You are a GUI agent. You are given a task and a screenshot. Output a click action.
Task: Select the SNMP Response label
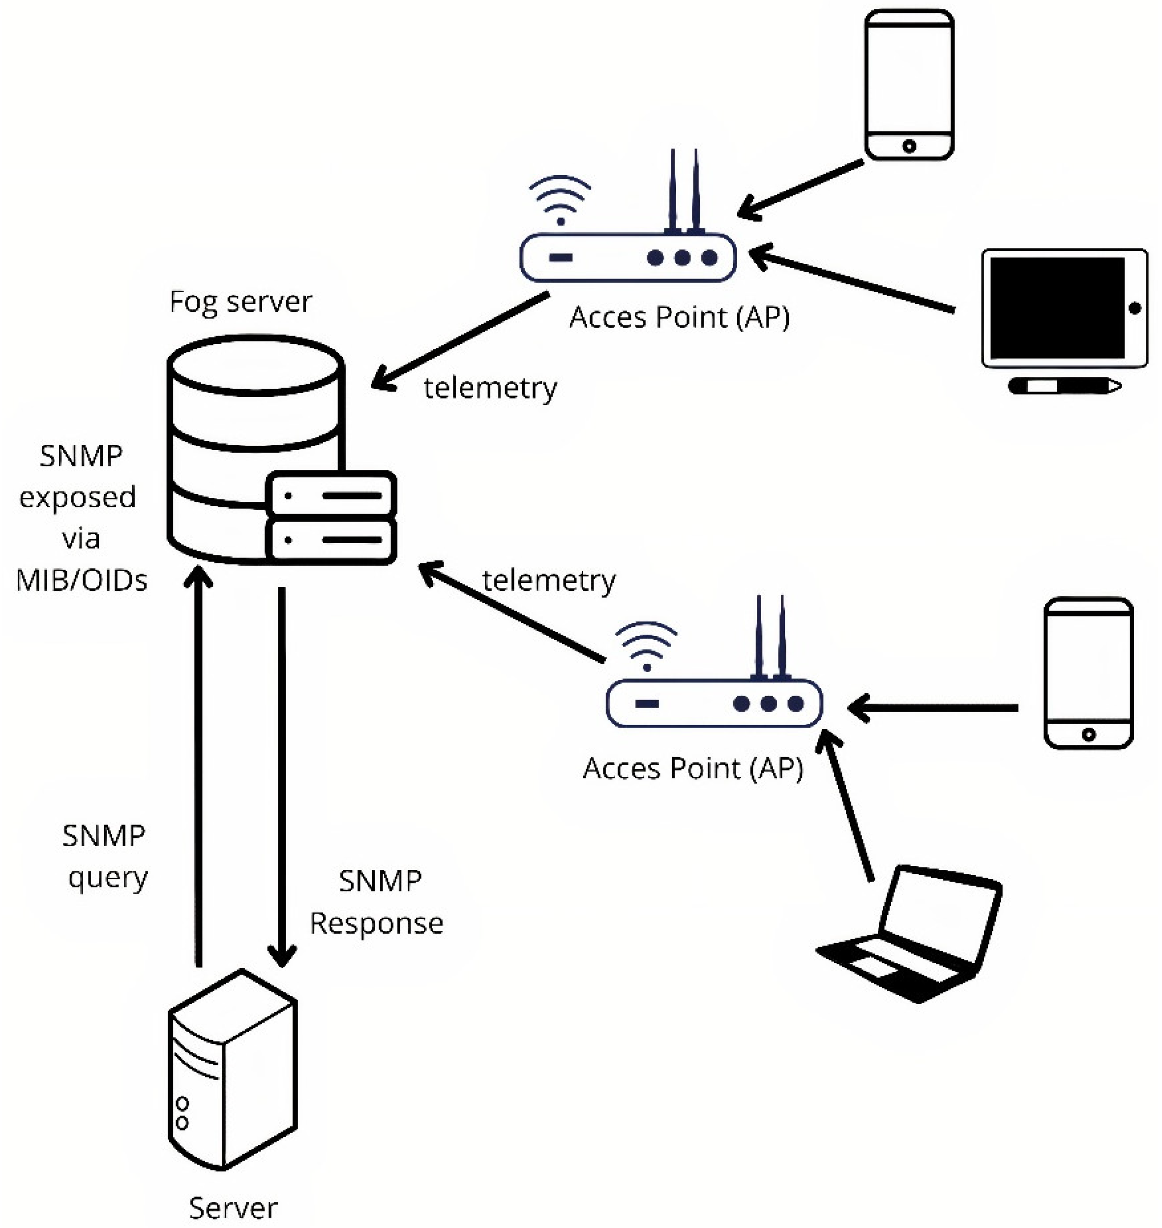pos(377,902)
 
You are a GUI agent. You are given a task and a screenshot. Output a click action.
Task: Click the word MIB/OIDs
pos(82,581)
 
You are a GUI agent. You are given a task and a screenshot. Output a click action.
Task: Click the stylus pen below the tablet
pos(1064,386)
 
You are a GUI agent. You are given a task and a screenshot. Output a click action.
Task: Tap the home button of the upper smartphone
pos(909,146)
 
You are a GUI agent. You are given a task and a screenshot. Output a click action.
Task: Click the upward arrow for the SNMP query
pos(199,762)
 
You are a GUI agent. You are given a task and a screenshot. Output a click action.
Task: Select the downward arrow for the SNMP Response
pos(282,774)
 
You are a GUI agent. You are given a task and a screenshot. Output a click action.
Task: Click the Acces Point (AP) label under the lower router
pos(692,769)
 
